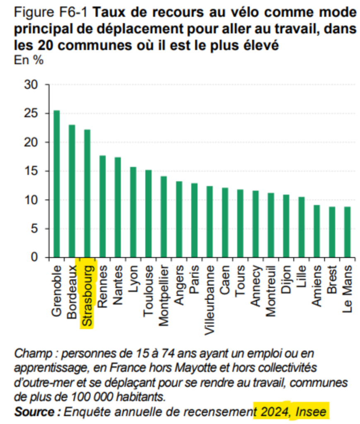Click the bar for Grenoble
pyautogui.click(x=56, y=184)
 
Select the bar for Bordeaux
pyautogui.click(x=72, y=191)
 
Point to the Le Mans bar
pyautogui.click(x=347, y=232)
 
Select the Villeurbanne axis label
pyautogui.click(x=210, y=300)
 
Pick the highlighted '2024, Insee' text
pyautogui.click(x=291, y=412)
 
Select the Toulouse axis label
pyautogui.click(x=148, y=291)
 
